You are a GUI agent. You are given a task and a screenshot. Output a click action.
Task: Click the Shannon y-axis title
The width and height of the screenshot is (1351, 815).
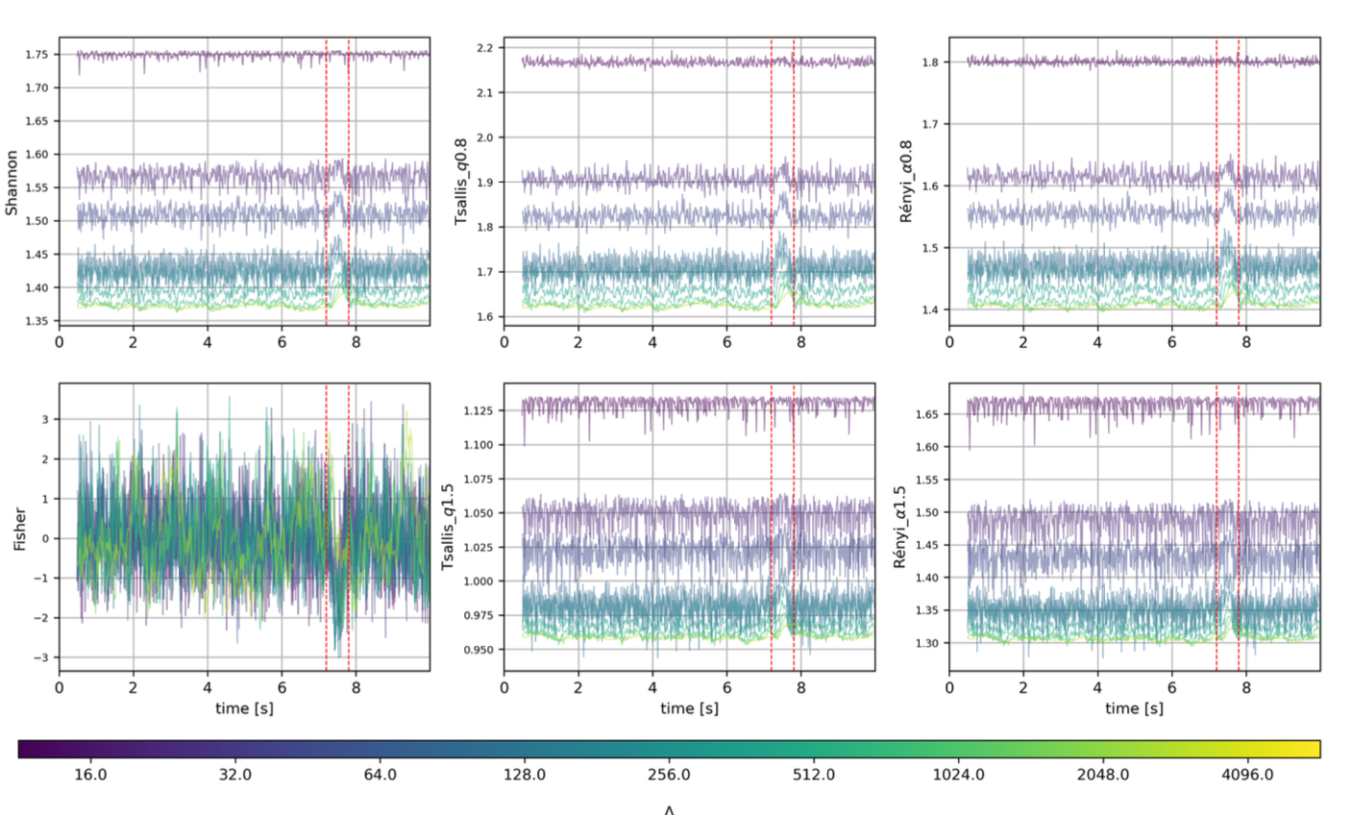12,182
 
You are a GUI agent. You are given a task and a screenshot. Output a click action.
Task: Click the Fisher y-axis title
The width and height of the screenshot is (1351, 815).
19,529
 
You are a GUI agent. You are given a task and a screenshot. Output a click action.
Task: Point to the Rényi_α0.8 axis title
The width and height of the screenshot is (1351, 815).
907,182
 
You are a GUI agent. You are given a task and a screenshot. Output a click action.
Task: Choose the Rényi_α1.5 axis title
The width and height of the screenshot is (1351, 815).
900,527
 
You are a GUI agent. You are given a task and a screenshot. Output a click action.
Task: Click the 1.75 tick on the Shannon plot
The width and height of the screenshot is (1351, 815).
37,55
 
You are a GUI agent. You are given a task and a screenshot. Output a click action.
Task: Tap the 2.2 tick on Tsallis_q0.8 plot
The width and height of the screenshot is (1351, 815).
485,48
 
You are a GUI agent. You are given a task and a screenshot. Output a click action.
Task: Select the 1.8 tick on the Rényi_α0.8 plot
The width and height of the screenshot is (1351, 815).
930,62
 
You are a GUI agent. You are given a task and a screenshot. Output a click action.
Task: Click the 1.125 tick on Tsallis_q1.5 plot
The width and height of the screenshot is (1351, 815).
479,411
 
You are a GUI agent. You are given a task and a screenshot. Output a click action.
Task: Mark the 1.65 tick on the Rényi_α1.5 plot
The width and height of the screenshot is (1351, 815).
926,414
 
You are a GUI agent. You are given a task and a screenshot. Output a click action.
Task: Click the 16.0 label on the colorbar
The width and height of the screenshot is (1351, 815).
90,774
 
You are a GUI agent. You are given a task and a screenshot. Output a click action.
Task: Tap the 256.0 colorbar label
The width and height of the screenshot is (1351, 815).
669,774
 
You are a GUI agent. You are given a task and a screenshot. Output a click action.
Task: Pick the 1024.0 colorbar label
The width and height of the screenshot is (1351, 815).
958,774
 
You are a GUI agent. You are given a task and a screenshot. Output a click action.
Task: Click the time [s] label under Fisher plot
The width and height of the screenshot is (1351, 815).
244,708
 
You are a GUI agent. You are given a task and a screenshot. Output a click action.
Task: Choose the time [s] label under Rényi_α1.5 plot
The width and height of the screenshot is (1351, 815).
1134,708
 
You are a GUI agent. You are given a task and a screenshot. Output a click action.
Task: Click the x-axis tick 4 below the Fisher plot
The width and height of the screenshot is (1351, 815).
208,687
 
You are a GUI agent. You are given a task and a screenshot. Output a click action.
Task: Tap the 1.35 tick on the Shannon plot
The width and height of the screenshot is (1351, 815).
37,321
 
